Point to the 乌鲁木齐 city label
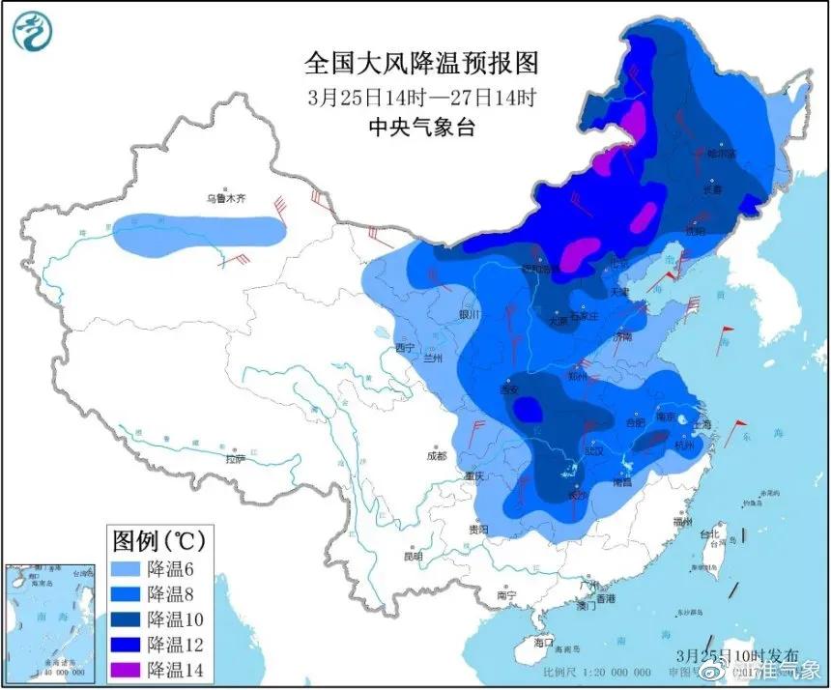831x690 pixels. coord(225,198)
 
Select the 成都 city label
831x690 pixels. coord(436,456)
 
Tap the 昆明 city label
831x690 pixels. coord(414,557)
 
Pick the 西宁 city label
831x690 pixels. coord(404,347)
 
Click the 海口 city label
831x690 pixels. coord(543,642)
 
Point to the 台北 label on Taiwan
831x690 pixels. coord(710,533)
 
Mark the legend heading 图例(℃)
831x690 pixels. coord(158,538)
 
